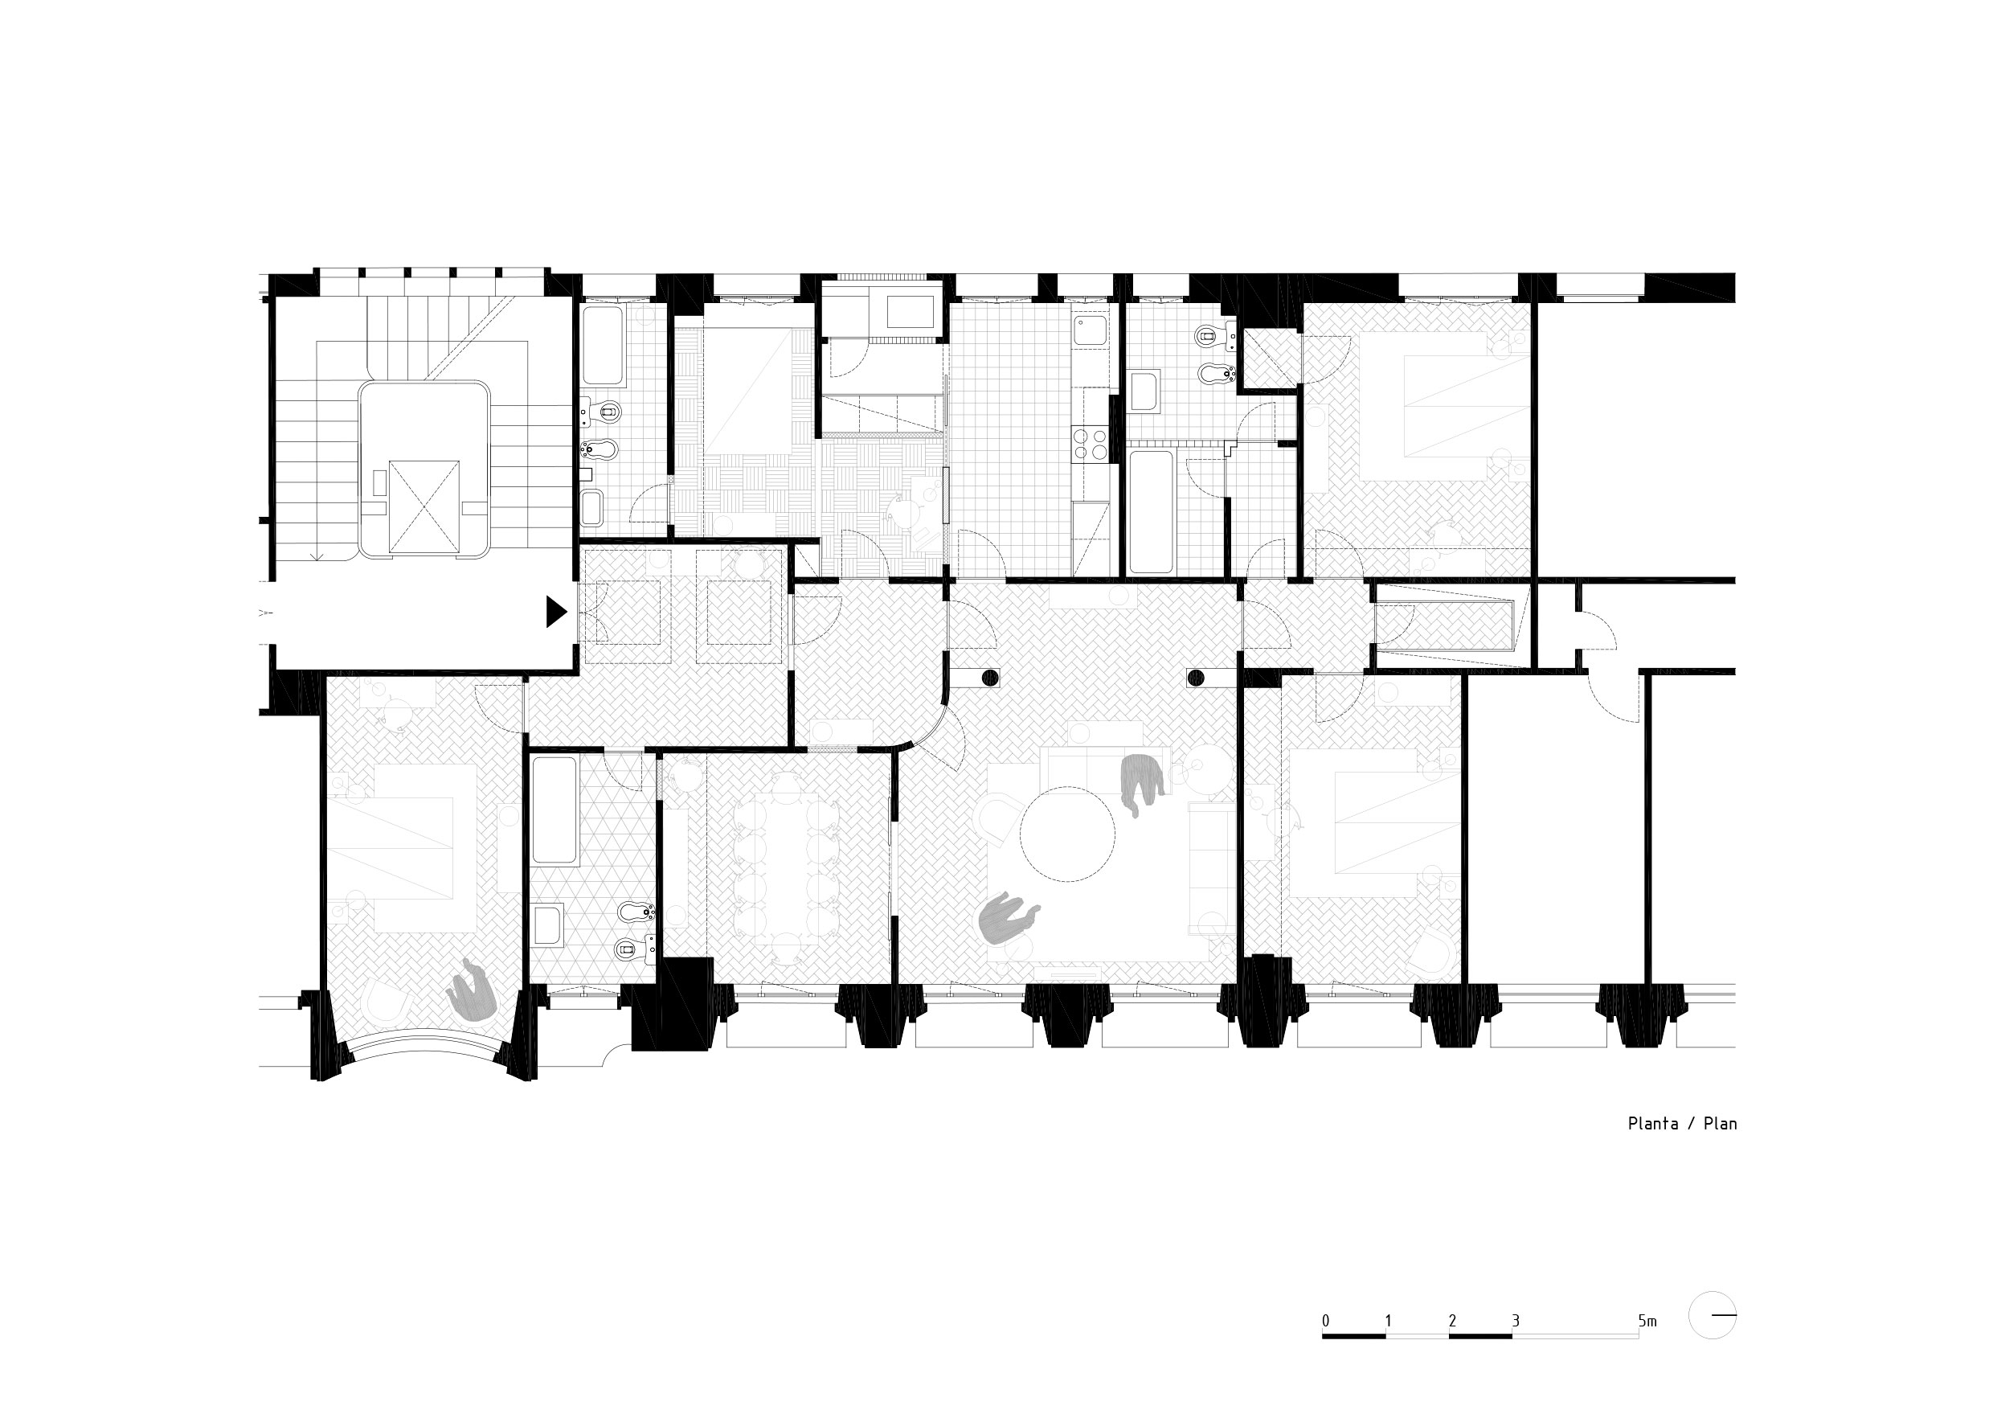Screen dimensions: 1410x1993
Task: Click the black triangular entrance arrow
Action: tap(555, 612)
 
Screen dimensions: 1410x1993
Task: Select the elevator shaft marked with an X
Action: tap(424, 508)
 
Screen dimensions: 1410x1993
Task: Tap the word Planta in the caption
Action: tap(1653, 1124)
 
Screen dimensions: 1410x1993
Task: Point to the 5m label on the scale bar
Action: tap(1647, 1322)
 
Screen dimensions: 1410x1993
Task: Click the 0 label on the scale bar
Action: tap(1325, 1322)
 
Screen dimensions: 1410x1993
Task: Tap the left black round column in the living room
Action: tap(988, 678)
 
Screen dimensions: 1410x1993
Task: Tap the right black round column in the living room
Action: tap(1195, 678)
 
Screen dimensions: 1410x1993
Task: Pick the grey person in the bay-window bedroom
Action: tap(473, 990)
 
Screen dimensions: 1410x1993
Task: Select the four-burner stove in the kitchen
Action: tap(1091, 444)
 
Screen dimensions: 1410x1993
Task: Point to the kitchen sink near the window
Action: tap(1090, 330)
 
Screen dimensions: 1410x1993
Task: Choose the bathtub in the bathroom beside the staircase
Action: tap(604, 346)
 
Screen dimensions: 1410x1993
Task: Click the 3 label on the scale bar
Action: tap(1516, 1322)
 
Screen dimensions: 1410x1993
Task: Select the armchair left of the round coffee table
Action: tap(999, 821)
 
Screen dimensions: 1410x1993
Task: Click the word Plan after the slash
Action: tap(1720, 1124)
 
